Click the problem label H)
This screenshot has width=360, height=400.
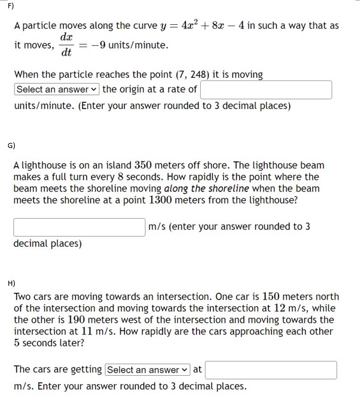[11, 281]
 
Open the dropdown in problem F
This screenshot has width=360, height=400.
[57, 89]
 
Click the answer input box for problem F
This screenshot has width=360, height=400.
[266, 89]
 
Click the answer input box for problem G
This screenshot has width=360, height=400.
[79, 226]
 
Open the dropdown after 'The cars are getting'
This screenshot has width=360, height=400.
[148, 370]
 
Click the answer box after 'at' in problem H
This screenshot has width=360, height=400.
[271, 370]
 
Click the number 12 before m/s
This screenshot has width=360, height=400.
[283, 308]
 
